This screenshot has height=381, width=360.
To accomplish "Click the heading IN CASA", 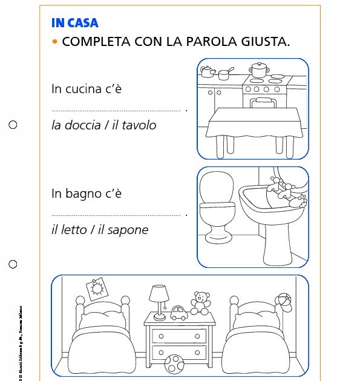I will (75, 23).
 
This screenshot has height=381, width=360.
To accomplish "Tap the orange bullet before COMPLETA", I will (55, 42).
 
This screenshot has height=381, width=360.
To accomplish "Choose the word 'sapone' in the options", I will (128, 230).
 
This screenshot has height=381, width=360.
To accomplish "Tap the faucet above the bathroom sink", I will (280, 189).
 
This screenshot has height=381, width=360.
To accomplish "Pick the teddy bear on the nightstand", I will (200, 302).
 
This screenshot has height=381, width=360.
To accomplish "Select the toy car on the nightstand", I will (178, 313).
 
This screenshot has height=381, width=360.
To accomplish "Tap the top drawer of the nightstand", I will (175, 336).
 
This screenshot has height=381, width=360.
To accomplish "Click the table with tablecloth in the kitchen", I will (252, 124).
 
